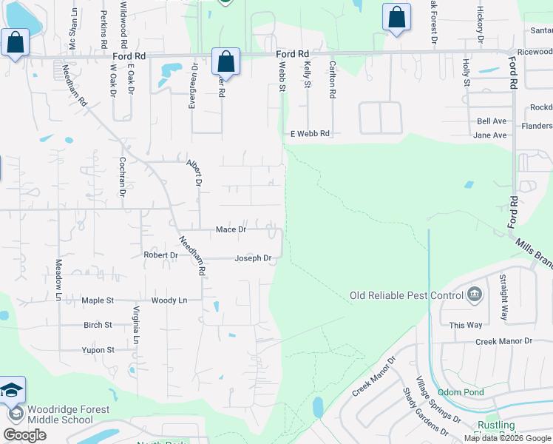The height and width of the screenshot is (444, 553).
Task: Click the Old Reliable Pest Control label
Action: point(406,296)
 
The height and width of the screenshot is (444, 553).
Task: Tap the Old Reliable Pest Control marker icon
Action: point(475,295)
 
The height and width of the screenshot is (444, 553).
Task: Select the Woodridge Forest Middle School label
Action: point(68,414)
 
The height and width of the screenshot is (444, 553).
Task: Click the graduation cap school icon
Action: point(13,390)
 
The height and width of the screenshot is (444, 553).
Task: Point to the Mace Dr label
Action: point(231,230)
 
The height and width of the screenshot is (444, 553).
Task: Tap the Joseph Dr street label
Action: point(253,258)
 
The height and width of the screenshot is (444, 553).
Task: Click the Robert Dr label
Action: point(160,255)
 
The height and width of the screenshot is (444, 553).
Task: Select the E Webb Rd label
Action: point(310,134)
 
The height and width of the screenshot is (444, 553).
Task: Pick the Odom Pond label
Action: point(461,392)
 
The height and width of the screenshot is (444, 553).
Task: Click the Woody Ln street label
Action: point(169,300)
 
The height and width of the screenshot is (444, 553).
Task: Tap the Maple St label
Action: point(98,300)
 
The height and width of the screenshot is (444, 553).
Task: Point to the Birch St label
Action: point(98,325)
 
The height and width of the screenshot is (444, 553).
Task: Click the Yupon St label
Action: point(98,350)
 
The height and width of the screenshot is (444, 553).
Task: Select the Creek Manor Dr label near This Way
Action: point(503,341)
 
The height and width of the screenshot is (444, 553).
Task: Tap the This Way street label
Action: point(466,325)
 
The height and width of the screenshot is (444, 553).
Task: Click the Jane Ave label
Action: point(490,135)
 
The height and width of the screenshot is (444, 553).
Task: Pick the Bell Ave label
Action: point(492,121)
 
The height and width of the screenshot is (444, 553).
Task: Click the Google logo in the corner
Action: point(25,435)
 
